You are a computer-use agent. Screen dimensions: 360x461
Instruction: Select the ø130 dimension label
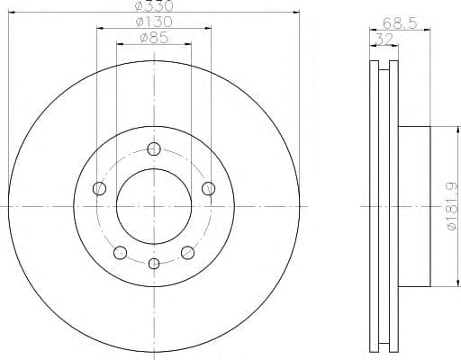click(x=153, y=22)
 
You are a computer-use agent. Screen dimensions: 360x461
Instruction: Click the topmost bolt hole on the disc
click(x=154, y=149)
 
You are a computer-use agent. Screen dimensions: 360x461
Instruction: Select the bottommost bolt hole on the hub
click(x=154, y=263)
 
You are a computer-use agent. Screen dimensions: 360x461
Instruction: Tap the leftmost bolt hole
click(x=100, y=188)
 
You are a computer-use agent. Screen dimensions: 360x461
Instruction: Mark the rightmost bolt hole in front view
click(x=209, y=188)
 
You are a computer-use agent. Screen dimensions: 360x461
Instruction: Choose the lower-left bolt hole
click(x=120, y=251)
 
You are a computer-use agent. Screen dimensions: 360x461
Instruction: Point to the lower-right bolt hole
click(x=187, y=251)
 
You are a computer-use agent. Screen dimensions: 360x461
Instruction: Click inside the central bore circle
click(x=154, y=206)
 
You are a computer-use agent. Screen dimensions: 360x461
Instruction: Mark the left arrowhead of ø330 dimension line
click(x=11, y=13)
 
